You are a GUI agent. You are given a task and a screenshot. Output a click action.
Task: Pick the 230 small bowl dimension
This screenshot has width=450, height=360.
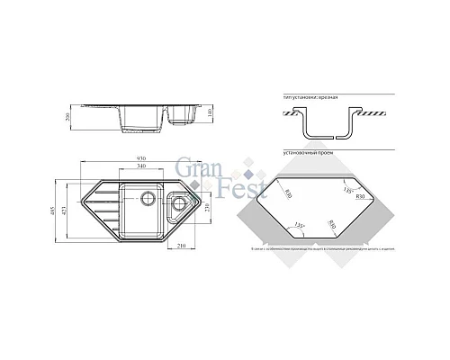pyautogui.click(x=208, y=208)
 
